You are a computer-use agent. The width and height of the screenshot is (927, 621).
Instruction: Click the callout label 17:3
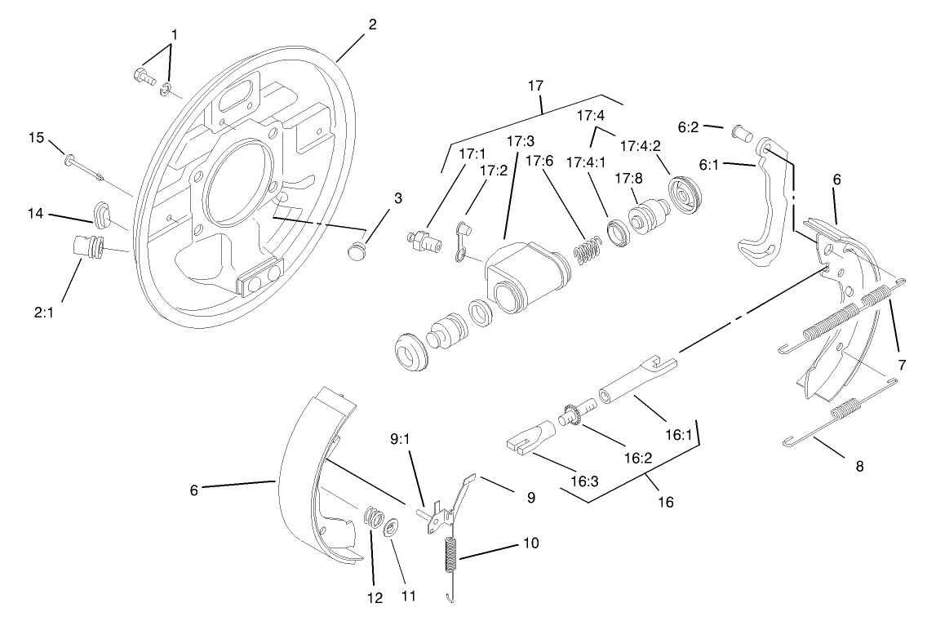pyautogui.click(x=521, y=141)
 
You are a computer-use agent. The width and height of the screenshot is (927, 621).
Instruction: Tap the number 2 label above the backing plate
pyautogui.click(x=372, y=24)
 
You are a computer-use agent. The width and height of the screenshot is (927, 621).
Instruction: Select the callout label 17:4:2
pyautogui.click(x=641, y=146)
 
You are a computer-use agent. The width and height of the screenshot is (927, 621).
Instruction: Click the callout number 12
pyautogui.click(x=375, y=597)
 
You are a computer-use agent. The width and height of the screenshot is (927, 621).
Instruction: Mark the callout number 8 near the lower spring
pyautogui.click(x=858, y=467)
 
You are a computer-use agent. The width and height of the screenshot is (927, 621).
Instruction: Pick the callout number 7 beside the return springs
pyautogui.click(x=902, y=365)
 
